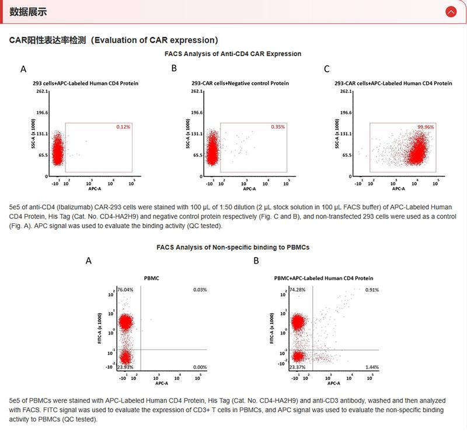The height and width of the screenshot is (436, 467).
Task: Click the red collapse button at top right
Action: click(451, 12)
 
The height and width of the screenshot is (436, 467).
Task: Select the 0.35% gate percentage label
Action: click(277, 127)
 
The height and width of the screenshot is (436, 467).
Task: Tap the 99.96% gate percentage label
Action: click(427, 127)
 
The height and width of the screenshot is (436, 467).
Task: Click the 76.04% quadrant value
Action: click(126, 290)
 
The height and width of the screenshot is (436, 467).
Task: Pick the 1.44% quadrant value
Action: click(372, 366)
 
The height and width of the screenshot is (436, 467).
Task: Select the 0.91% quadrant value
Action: click(372, 290)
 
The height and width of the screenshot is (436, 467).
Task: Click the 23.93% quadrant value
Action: click(126, 367)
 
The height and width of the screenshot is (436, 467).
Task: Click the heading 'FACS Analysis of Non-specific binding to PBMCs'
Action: click(233, 247)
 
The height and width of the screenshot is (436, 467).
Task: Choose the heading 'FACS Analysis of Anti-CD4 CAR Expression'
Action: click(233, 54)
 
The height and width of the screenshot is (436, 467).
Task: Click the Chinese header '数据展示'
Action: click(29, 12)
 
